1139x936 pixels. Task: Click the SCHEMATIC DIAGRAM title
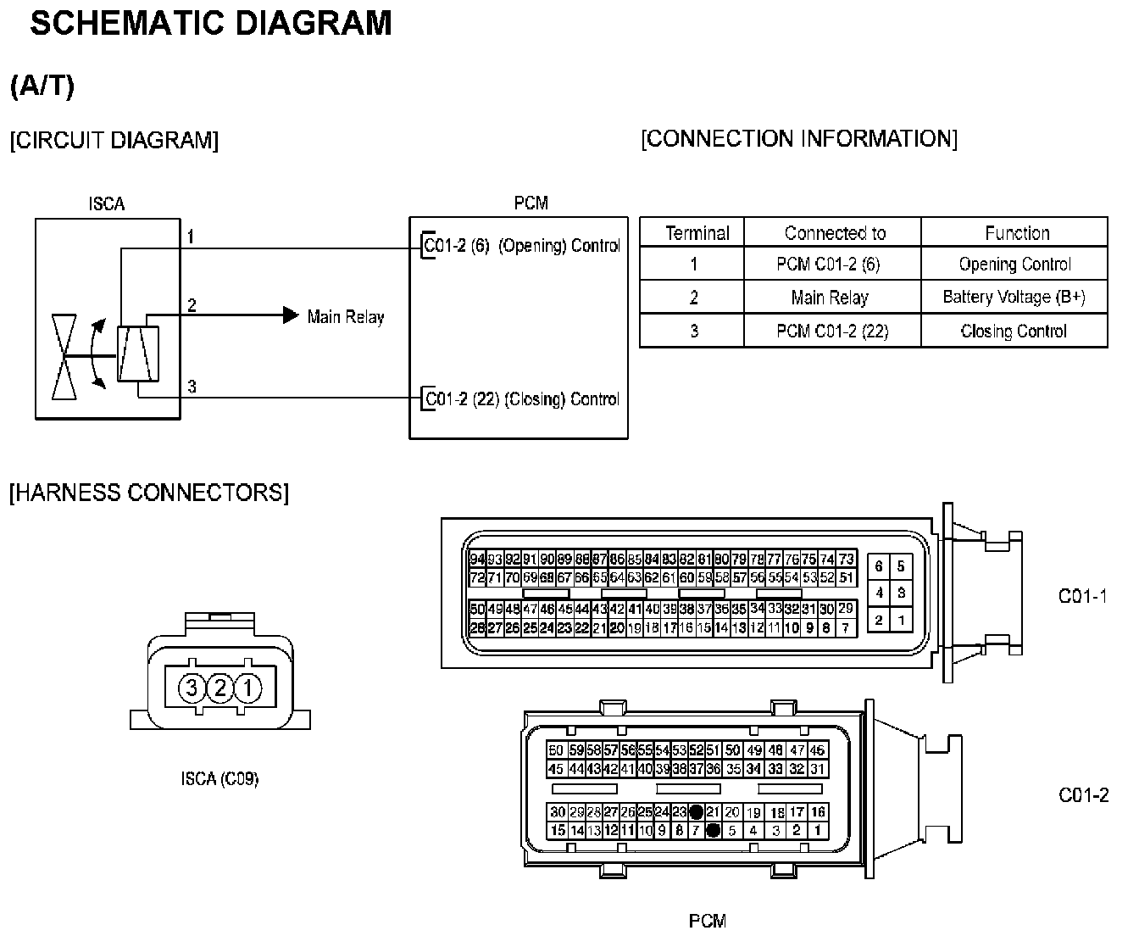(211, 24)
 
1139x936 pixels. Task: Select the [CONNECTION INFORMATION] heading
(799, 139)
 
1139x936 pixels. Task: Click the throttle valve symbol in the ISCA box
(64, 356)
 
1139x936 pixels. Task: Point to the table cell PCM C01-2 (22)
(832, 331)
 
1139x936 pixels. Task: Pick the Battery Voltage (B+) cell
(1014, 297)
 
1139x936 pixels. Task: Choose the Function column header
(1016, 233)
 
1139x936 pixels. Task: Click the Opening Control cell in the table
(1014, 265)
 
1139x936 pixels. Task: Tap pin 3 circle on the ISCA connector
(192, 687)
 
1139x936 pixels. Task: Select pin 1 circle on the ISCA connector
(248, 687)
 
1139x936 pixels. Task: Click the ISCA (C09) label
(219, 778)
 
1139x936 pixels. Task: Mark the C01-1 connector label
(1083, 596)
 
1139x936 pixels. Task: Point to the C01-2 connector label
(1083, 795)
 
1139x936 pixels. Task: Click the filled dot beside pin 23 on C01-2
(697, 812)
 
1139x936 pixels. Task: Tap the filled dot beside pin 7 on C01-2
(714, 831)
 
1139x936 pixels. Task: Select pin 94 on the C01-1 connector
(477, 560)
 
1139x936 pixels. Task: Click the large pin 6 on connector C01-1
(879, 566)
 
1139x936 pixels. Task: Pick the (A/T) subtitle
(42, 86)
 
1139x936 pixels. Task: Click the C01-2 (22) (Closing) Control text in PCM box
(522, 398)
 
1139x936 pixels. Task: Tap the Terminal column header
(697, 233)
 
